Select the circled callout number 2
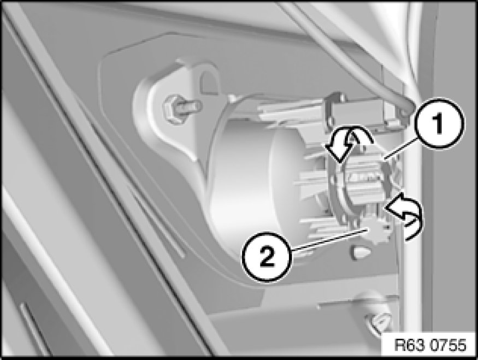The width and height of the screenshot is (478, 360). click(x=267, y=257)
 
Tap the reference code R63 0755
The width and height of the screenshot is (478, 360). click(x=430, y=346)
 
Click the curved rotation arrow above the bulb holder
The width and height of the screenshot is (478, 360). click(x=347, y=143)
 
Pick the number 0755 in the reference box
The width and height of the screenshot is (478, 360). click(x=450, y=346)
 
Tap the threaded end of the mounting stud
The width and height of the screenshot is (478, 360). click(x=191, y=106)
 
